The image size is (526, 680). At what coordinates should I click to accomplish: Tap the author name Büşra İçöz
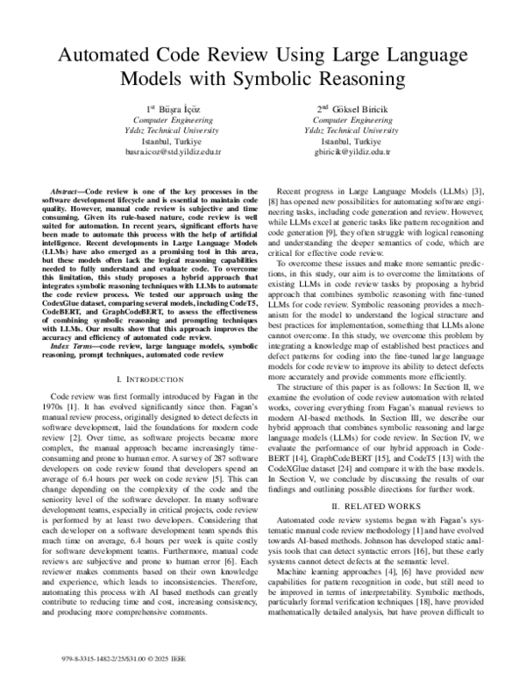173,109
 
